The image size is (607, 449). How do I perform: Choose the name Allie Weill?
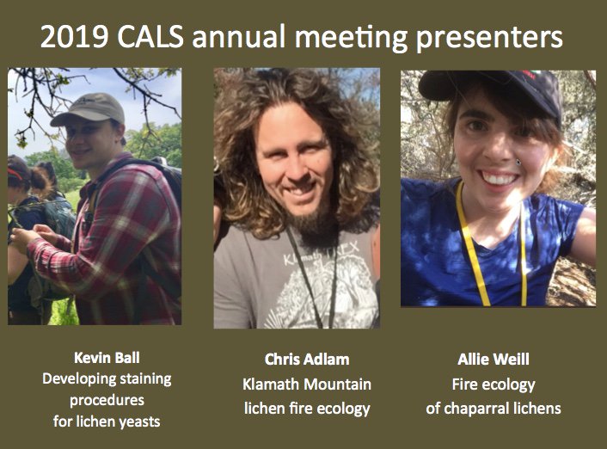point(493,359)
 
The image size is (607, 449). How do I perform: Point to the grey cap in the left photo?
point(87,109)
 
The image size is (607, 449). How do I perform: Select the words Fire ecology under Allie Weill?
point(493,384)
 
